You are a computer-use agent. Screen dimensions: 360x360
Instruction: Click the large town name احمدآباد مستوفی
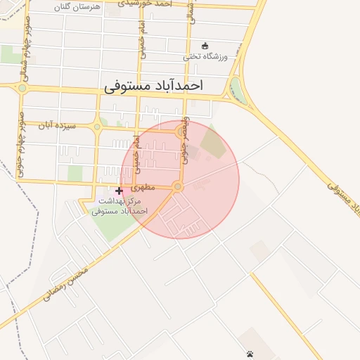153,86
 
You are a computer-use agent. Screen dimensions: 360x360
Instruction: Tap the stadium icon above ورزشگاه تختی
205,45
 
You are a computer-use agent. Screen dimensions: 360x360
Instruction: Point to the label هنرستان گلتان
77,6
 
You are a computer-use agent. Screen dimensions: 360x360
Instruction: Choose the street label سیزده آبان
56,124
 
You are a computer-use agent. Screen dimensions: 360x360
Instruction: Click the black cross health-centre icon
119,191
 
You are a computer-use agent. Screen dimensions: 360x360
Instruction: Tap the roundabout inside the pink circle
178,187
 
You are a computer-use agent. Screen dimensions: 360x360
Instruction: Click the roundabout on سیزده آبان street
97,127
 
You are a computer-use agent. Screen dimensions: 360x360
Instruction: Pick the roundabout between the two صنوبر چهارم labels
22,88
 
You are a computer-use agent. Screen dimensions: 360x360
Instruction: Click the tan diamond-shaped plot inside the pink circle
214,143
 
